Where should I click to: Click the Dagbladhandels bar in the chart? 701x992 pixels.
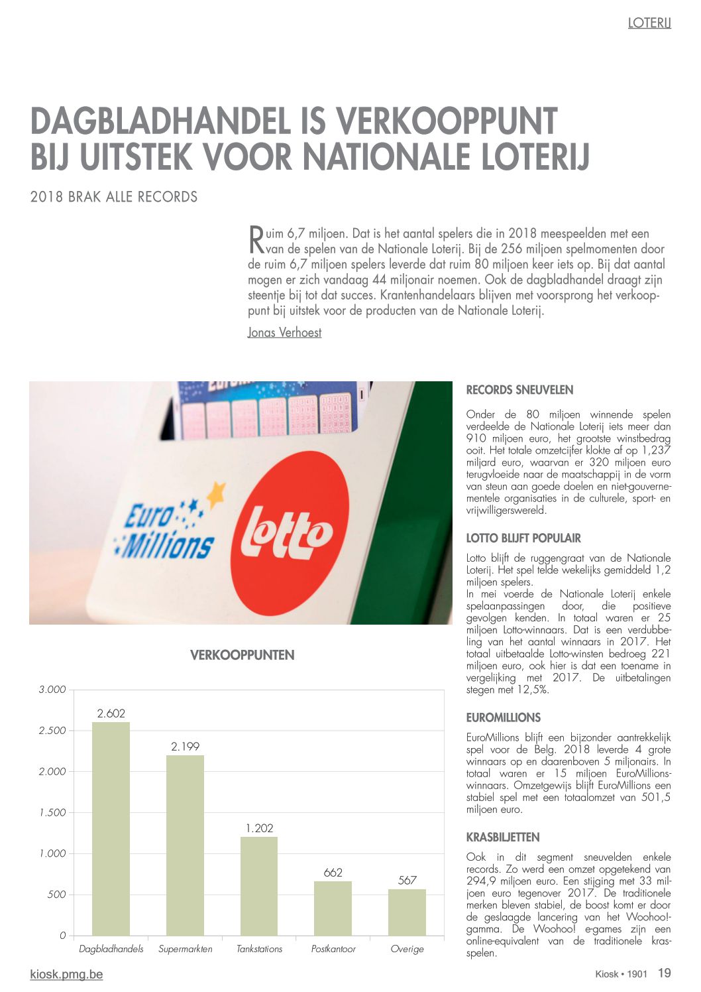[x=111, y=829]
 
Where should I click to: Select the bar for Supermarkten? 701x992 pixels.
[x=185, y=845]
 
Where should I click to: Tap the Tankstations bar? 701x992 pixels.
[x=259, y=886]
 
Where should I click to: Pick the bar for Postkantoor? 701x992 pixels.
[x=333, y=908]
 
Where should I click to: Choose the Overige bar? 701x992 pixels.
[x=407, y=912]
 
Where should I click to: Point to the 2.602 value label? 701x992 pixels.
[x=111, y=713]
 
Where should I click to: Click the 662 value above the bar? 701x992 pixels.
[x=333, y=873]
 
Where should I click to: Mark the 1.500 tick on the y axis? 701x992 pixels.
[x=52, y=812]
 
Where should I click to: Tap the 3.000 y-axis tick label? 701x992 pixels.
[x=52, y=690]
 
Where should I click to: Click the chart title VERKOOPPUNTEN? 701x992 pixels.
[x=242, y=655]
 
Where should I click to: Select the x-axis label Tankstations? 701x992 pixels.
[x=259, y=949]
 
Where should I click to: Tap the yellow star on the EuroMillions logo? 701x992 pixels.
[x=215, y=494]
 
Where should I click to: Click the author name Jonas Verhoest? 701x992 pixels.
[x=284, y=332]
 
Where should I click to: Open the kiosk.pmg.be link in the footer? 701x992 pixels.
[x=66, y=974]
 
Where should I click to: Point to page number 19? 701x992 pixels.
[x=664, y=973]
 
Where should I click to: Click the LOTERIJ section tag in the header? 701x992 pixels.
[x=649, y=23]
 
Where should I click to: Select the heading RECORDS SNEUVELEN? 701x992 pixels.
[x=519, y=390]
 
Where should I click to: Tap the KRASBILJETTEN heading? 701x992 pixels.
[x=503, y=837]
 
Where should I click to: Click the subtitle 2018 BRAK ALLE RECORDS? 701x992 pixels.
[x=114, y=197]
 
